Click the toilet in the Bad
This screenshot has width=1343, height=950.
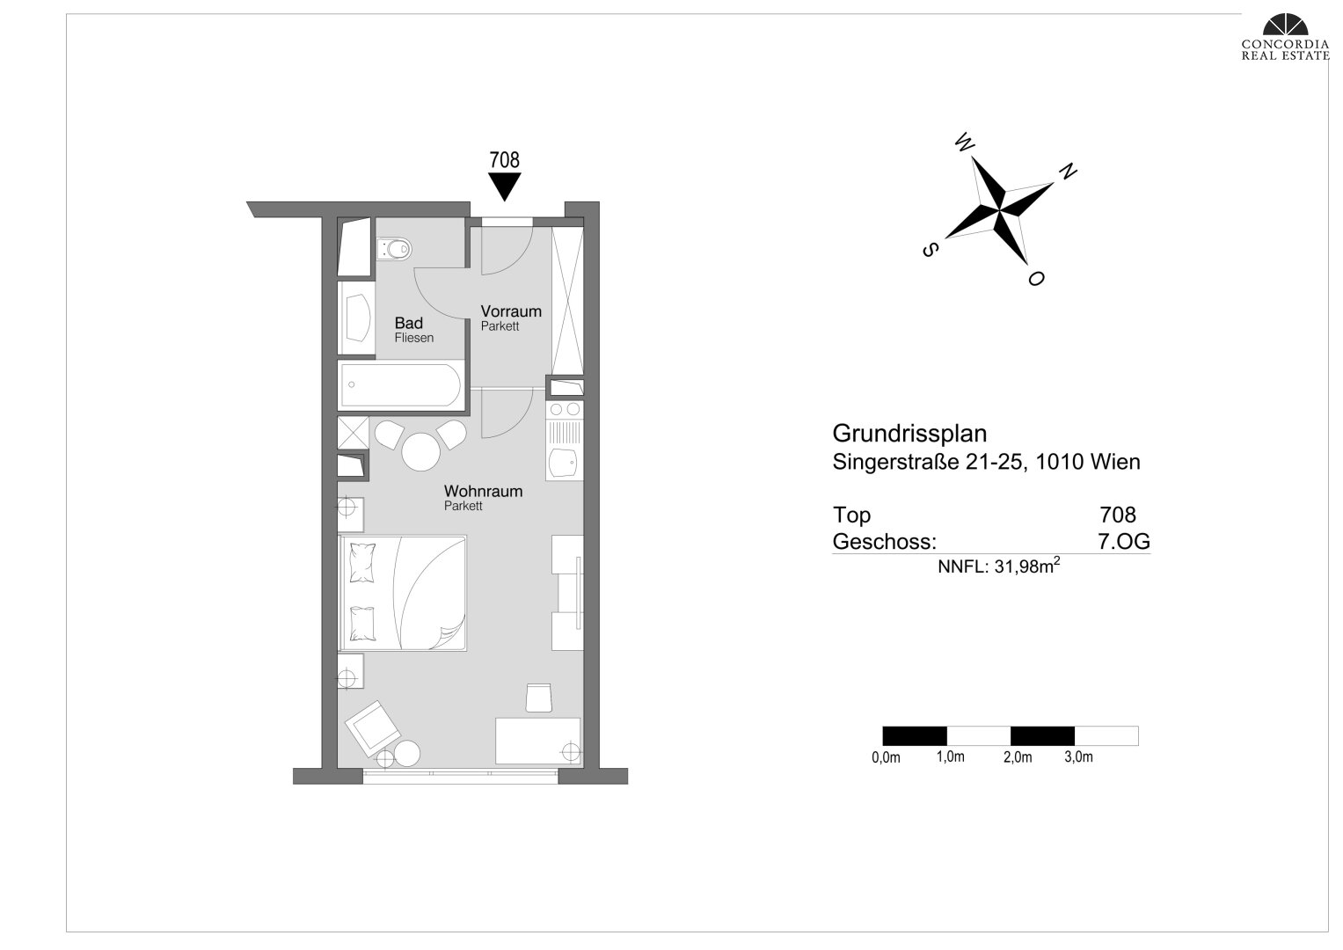[x=394, y=248]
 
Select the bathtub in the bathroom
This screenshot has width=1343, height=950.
[x=401, y=385]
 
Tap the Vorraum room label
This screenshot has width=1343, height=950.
[x=511, y=311]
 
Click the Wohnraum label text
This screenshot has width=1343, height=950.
[x=483, y=491]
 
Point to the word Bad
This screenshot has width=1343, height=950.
[x=408, y=323]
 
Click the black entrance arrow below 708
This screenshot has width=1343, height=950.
[x=504, y=186]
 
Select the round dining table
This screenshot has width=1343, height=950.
[x=421, y=451]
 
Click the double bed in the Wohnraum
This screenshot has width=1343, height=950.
[x=403, y=593]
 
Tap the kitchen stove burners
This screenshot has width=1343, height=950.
[x=565, y=410]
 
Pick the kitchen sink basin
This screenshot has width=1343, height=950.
[x=564, y=463]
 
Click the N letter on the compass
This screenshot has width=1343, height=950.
[x=1068, y=172]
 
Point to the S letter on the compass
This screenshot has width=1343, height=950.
[x=930, y=250]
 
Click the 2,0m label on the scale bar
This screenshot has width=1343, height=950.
[x=1018, y=757]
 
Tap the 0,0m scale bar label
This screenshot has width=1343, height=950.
[x=886, y=757]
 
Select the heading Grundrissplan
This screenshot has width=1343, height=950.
[x=909, y=433]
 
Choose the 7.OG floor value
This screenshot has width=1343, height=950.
[x=1123, y=542]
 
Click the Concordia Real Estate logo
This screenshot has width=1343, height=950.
[x=1285, y=37]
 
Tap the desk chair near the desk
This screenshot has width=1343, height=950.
[x=538, y=698]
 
